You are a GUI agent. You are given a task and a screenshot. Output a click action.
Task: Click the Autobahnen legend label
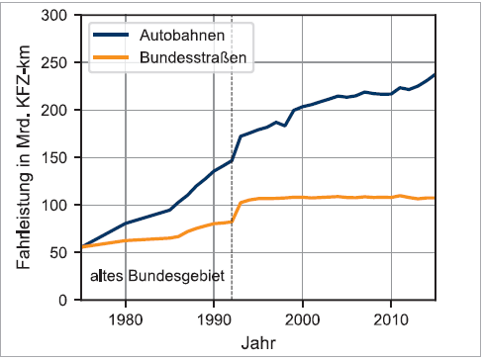(181, 36)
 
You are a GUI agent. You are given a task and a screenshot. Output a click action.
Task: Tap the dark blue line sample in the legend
(112, 36)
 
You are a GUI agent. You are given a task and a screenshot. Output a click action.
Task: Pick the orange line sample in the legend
(112, 58)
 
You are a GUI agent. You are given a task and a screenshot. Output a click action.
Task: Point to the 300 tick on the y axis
(57, 16)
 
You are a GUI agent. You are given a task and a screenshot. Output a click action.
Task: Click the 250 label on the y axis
(57, 63)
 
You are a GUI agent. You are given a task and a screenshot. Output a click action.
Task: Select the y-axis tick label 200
(57, 111)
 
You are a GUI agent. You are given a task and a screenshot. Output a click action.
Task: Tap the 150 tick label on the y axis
(57, 158)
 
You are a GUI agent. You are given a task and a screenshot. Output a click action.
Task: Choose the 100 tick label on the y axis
(57, 205)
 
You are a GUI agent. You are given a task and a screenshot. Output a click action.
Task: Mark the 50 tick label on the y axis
(61, 252)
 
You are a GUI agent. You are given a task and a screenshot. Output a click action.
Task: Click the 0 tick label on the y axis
(65, 300)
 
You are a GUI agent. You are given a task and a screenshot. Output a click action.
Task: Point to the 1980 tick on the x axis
(125, 318)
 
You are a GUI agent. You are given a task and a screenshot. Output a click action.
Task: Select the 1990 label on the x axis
(214, 318)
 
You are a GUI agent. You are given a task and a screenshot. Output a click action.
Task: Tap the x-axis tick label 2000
(302, 318)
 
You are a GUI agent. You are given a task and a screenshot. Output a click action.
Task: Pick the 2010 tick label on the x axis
(391, 318)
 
